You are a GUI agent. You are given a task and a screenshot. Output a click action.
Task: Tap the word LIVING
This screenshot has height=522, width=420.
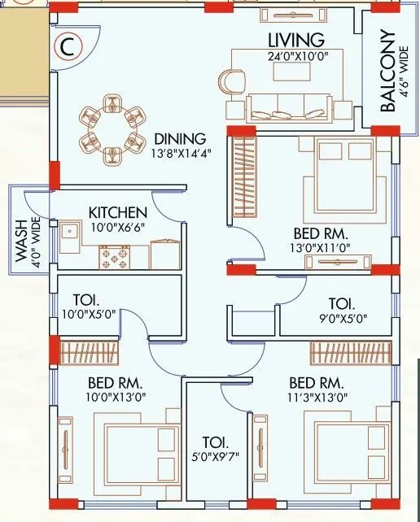click(296, 40)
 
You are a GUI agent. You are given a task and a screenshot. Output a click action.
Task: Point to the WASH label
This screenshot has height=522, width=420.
click(20, 241)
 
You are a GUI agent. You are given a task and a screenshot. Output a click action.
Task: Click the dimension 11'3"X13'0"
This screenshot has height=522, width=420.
click(318, 398)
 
